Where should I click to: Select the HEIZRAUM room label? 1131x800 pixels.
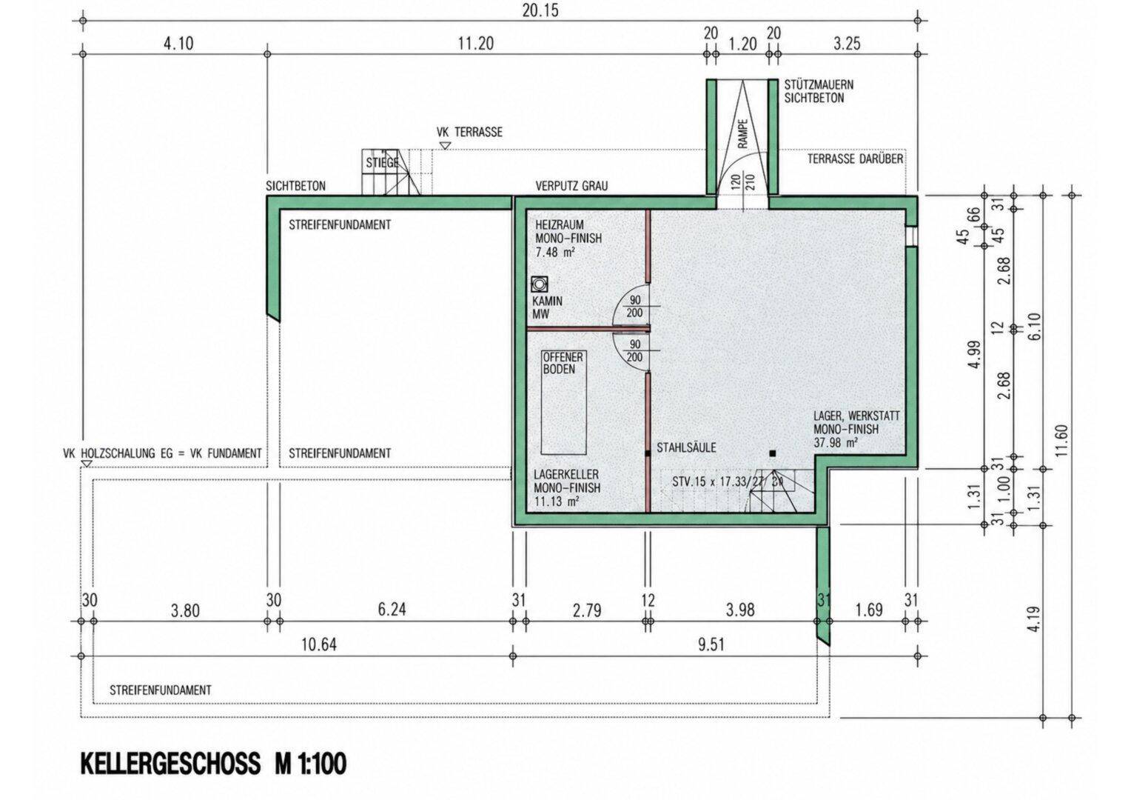(x=560, y=225)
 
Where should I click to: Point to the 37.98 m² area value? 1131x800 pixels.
(x=836, y=443)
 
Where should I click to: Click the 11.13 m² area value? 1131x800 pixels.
(x=557, y=501)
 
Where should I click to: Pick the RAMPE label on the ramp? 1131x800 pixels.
(x=742, y=133)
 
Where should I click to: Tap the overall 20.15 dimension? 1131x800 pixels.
(x=541, y=10)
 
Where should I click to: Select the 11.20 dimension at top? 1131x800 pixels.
(x=476, y=44)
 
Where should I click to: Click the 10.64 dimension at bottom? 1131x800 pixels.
(x=318, y=645)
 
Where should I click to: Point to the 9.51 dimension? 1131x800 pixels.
(x=711, y=645)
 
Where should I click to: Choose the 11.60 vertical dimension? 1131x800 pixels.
(x=1062, y=440)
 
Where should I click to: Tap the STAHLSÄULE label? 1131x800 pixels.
(x=686, y=447)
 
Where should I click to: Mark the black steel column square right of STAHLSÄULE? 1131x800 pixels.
(x=772, y=453)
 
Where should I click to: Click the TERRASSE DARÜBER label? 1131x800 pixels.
(x=856, y=159)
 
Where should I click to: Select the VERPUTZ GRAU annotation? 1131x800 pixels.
(x=571, y=186)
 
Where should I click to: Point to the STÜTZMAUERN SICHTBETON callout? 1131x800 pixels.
(x=819, y=91)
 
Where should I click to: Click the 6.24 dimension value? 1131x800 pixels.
(x=392, y=610)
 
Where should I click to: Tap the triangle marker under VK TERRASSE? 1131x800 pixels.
(x=445, y=146)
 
